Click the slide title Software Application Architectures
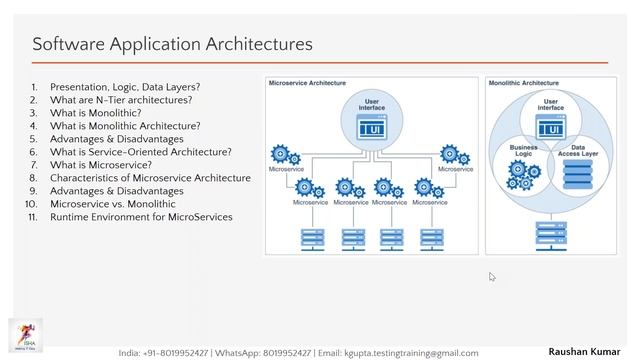[x=172, y=44]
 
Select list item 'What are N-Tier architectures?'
[x=120, y=100]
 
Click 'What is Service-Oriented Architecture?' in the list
[x=140, y=152]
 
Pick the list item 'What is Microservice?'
[x=101, y=165]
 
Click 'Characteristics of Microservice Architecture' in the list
[x=150, y=178]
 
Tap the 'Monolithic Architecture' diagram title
[x=525, y=85]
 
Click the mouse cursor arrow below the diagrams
[x=493, y=277]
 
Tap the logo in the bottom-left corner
[x=21, y=335]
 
